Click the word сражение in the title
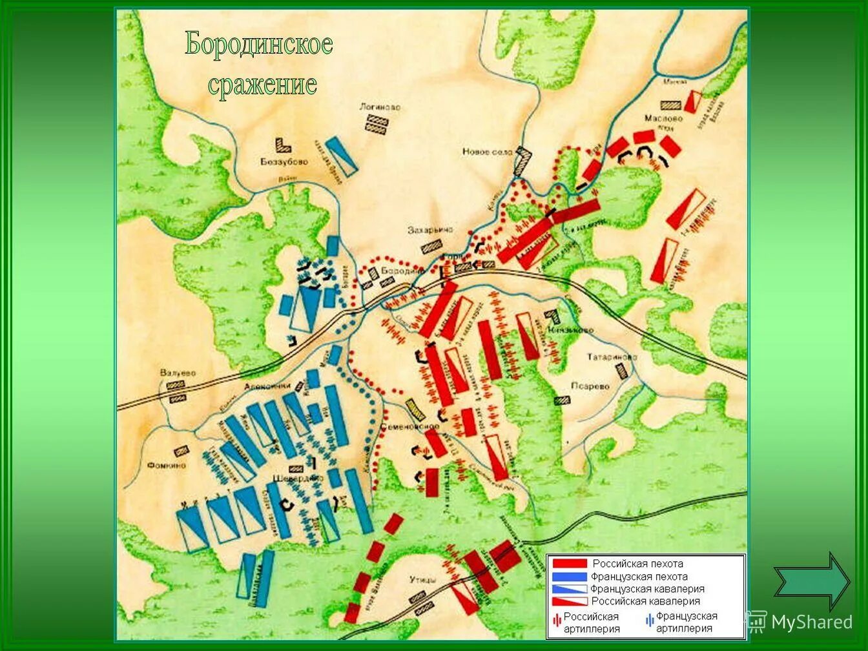[x=262, y=85]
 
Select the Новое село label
[x=487, y=152]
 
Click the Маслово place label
[x=663, y=119]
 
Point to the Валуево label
[x=178, y=373]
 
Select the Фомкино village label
[x=166, y=465]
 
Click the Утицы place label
[x=422, y=579]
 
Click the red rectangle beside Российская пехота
[x=570, y=564]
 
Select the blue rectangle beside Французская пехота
[x=570, y=576]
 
